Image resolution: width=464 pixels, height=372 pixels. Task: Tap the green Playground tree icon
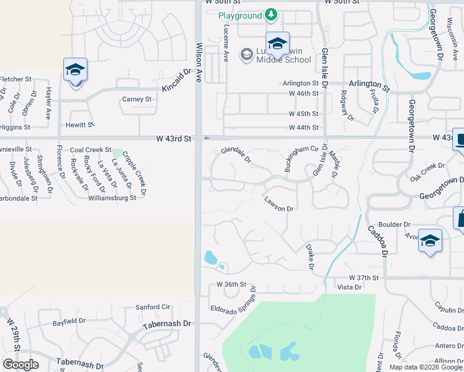pyautogui.click(x=270, y=13)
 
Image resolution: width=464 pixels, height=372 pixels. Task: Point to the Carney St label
pyautogui.click(x=137, y=99)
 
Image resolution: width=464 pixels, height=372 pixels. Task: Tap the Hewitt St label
pyautogui.click(x=79, y=125)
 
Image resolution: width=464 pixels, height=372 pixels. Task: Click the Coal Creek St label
pyautogui.click(x=91, y=150)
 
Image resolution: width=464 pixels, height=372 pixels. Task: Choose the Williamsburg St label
pyautogui.click(x=112, y=198)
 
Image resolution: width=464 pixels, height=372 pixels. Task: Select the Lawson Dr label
pyautogui.click(x=278, y=205)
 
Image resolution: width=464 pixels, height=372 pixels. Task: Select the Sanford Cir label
pyautogui.click(x=153, y=307)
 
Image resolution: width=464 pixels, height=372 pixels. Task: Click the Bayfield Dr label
pyautogui.click(x=69, y=321)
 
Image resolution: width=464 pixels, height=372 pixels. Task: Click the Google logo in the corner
pyautogui.click(x=20, y=365)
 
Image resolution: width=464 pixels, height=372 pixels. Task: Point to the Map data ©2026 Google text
pyautogui.click(x=425, y=367)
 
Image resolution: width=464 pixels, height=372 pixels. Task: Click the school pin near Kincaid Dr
pyautogui.click(x=75, y=70)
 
